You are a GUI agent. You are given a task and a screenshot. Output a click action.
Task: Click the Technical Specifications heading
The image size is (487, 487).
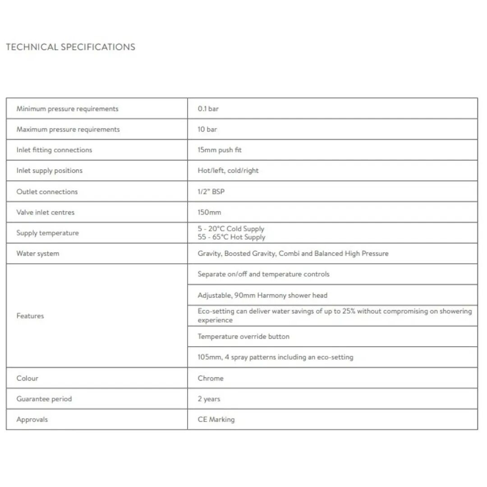(70, 47)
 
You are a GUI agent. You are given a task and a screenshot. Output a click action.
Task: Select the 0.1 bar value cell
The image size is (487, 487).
(208, 109)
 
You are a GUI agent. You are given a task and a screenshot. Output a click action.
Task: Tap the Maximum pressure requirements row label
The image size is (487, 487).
(68, 129)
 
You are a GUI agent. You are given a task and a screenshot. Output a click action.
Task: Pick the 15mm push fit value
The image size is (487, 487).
(220, 150)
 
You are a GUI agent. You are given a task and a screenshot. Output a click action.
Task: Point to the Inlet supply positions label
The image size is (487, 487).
(50, 171)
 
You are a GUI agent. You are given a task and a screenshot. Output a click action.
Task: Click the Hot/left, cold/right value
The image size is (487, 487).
(228, 171)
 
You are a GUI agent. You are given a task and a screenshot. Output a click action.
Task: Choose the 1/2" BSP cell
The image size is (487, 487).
(211, 192)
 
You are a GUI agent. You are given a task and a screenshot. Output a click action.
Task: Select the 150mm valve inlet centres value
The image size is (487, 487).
(209, 212)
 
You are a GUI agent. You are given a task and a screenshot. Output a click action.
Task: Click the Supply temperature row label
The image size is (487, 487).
(47, 233)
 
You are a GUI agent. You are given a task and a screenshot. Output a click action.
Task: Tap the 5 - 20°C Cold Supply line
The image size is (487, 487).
(231, 229)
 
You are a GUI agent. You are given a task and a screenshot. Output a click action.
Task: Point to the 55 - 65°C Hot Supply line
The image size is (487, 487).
(231, 237)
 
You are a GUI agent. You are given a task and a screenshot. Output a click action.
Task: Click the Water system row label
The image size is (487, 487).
(38, 253)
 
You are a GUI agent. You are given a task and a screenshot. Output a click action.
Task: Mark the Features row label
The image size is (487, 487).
(30, 316)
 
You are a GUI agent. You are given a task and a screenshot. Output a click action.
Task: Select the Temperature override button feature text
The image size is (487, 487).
(243, 336)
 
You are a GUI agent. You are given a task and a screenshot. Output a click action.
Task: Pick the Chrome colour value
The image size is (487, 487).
(211, 378)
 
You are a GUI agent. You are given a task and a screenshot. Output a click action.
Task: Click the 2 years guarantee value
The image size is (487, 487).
(209, 399)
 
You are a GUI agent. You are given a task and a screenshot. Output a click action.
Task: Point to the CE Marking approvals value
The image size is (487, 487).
(216, 419)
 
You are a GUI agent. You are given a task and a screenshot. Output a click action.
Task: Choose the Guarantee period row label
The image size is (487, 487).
(44, 399)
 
